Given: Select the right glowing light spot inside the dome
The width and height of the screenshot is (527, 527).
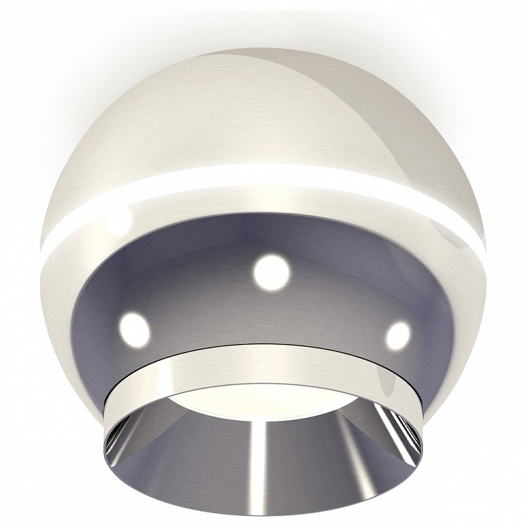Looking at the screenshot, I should point(397,335).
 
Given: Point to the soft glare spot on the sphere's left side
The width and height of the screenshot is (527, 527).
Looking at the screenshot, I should point(117,220).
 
